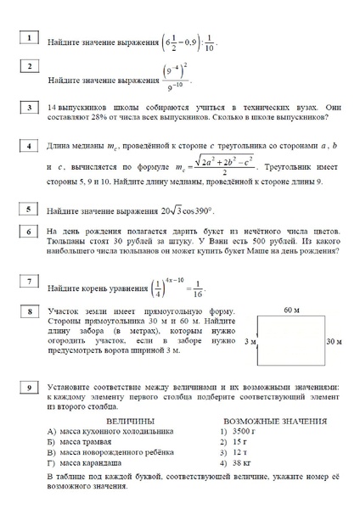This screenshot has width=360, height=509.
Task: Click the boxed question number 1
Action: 29,37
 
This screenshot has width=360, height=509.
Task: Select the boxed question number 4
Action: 29,146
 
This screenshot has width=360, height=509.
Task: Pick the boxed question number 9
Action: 29,388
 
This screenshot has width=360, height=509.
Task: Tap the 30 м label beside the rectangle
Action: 333,341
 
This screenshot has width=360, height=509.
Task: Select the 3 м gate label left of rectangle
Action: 250,341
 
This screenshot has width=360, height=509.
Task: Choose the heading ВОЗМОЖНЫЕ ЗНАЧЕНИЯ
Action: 275,421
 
